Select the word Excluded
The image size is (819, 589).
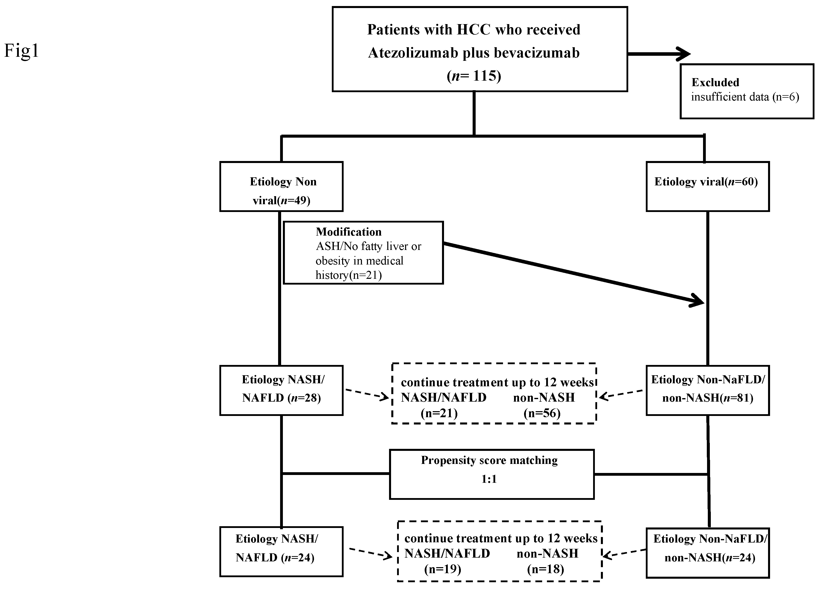tap(715, 82)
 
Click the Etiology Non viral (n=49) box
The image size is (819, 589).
tap(281, 186)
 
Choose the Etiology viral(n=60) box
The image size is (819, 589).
tap(707, 186)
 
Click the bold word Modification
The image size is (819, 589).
tap(348, 232)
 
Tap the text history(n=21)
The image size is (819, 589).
tap(348, 275)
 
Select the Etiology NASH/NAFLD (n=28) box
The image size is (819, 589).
tap(281, 390)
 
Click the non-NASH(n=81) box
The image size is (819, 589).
tap(707, 390)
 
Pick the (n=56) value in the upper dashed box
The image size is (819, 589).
tap(542, 413)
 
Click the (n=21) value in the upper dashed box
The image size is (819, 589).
tap(439, 413)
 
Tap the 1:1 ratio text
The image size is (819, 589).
tap(489, 479)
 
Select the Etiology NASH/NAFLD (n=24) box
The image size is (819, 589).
tap(281, 551)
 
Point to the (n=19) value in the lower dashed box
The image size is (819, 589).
tap(443, 569)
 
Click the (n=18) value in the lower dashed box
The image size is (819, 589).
tap(545, 569)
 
